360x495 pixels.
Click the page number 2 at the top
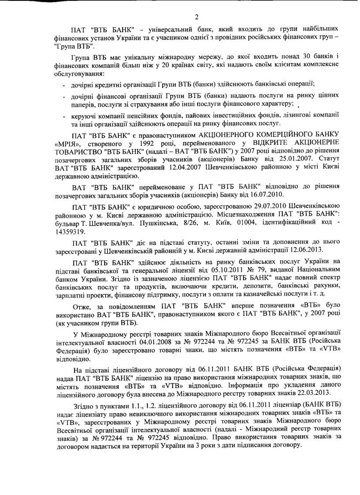(x=197, y=17)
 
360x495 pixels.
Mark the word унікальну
(x=132, y=60)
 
